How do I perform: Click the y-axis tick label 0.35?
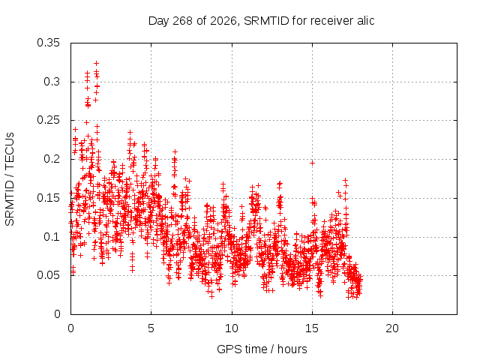(x=48, y=43)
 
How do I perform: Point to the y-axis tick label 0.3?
(x=52, y=82)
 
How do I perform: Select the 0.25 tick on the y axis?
(x=48, y=120)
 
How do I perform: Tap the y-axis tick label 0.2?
(x=52, y=159)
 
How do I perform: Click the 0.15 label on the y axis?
(x=48, y=198)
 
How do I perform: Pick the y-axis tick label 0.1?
(x=52, y=237)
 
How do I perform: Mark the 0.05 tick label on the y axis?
(x=48, y=275)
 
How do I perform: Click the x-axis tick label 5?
(x=151, y=328)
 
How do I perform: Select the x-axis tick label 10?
(x=232, y=328)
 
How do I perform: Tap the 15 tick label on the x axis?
(x=312, y=328)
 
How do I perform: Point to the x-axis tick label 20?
(x=392, y=328)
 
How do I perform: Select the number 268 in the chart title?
(x=182, y=21)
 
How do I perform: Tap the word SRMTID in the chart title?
(x=266, y=21)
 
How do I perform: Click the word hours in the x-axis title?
(x=292, y=349)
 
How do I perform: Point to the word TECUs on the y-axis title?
(x=9, y=151)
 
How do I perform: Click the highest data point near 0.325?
(x=96, y=63)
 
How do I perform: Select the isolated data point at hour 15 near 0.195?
(x=312, y=163)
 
